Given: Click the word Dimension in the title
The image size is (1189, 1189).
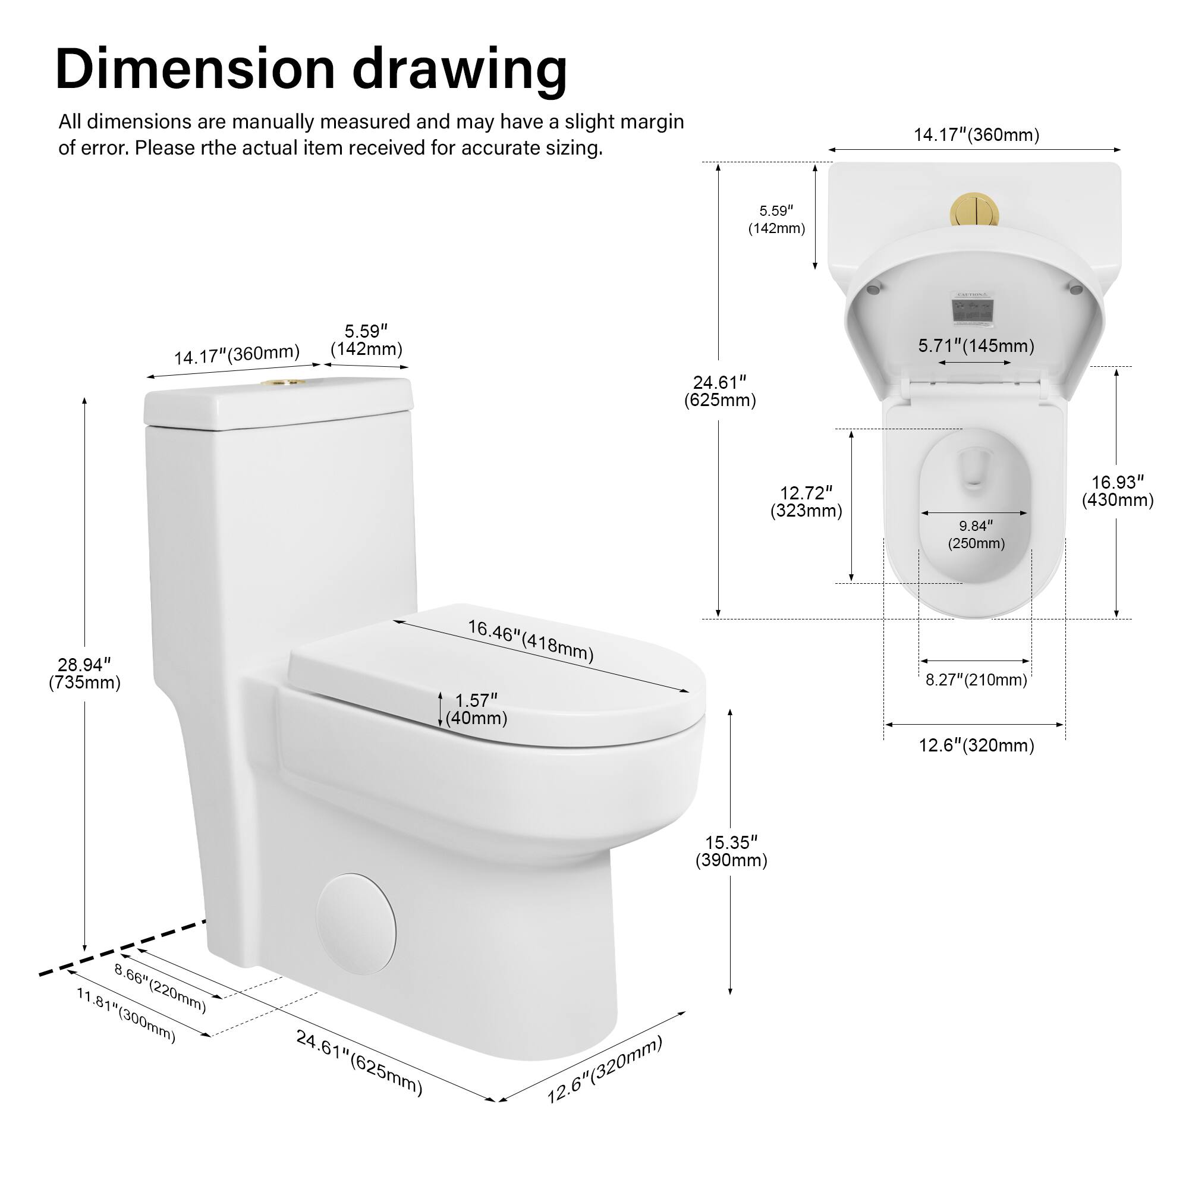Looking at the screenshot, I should coord(195,69).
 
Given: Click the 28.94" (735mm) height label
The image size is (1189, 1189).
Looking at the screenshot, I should coord(84,674).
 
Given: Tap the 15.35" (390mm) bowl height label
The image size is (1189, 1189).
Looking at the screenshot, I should coord(731,851).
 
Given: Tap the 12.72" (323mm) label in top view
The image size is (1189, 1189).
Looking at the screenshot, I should coord(806,502).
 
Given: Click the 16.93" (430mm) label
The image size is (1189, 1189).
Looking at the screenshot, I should coord(1118,490).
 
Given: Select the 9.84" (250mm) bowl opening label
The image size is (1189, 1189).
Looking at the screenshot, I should coord(976,534).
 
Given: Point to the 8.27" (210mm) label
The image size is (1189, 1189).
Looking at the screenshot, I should coord(976,680).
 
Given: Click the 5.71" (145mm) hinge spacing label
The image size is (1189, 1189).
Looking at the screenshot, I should coord(976,346).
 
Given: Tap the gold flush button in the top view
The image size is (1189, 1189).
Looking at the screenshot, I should coord(975,210).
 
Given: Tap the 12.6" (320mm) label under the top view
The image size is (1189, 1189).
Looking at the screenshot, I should coord(976,746).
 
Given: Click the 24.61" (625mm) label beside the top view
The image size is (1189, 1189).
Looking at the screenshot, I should coord(720,391).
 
